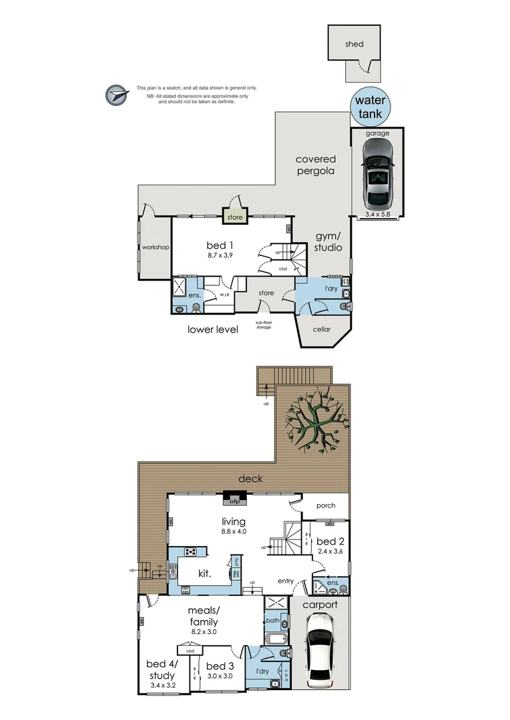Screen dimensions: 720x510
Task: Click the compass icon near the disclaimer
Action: click(116, 95)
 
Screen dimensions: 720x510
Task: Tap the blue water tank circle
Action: click(369, 107)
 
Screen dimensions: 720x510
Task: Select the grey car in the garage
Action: click(378, 174)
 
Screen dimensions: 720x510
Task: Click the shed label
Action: click(354, 44)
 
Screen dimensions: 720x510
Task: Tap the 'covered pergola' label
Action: click(316, 165)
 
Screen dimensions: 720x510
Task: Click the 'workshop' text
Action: click(155, 247)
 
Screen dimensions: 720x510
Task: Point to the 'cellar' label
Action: click(322, 329)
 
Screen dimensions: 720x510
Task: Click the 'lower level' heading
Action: click(212, 329)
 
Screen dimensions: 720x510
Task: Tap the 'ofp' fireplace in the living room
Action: click(235, 502)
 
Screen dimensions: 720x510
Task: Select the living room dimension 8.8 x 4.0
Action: click(234, 532)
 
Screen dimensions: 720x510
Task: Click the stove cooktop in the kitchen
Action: click(190, 551)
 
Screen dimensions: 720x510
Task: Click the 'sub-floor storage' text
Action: click(263, 325)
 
